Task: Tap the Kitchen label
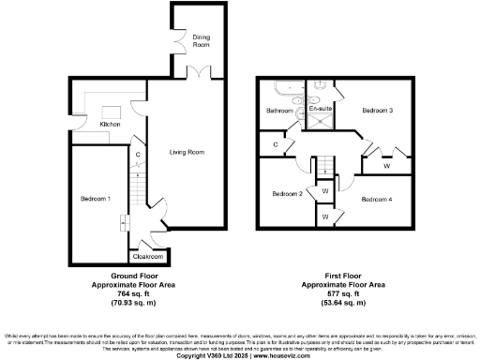[x=111, y=124]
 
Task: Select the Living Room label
[x=187, y=152]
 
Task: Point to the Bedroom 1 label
[x=96, y=199]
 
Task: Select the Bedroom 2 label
[x=287, y=194]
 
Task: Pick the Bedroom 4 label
[x=377, y=199]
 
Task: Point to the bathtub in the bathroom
[x=281, y=91]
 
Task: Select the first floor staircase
[x=324, y=167]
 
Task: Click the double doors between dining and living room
[x=201, y=73]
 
